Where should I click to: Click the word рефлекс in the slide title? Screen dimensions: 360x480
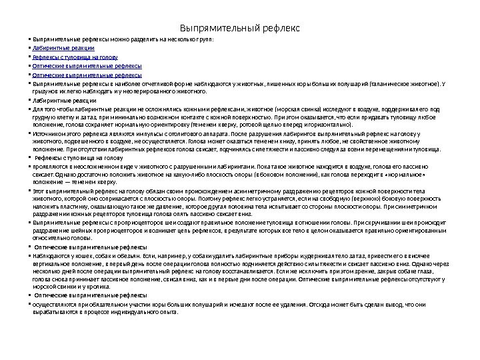click(280, 29)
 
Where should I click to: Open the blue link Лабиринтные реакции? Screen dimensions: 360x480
click(64, 49)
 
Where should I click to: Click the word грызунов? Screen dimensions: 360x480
click(44, 92)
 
